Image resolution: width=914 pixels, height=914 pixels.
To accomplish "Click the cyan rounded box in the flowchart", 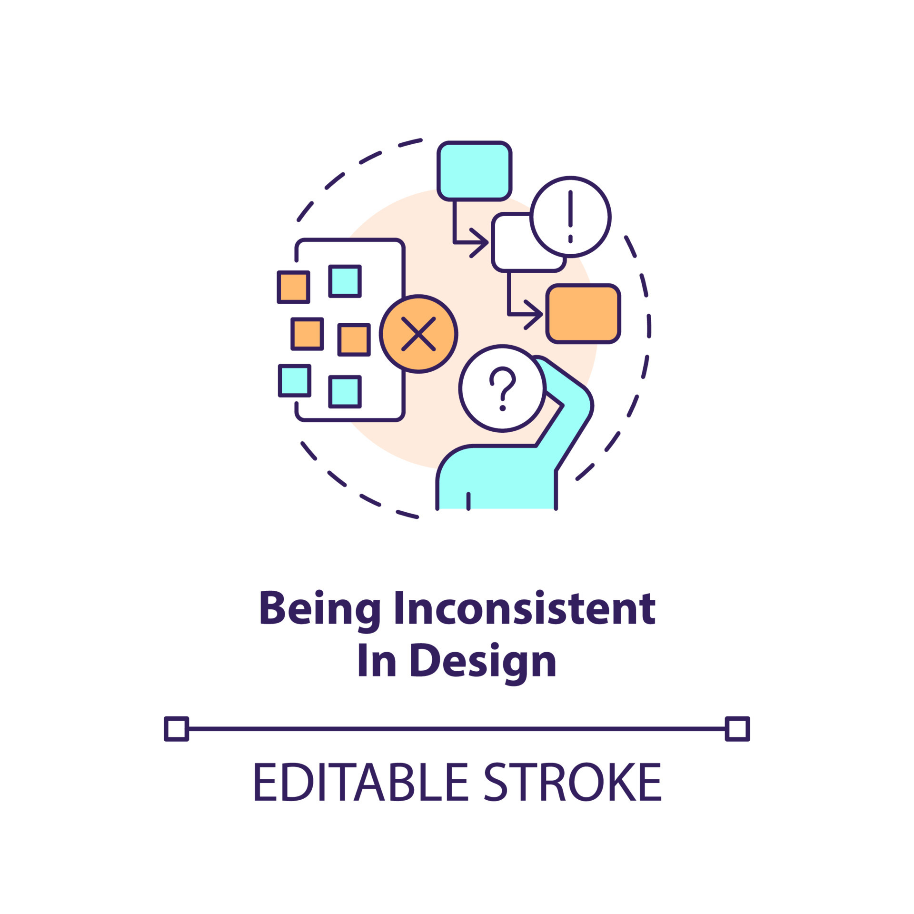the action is (x=474, y=171).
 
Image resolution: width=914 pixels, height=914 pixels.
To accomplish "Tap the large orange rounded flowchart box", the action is (x=583, y=314).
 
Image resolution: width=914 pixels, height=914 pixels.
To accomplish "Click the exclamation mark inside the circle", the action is (x=570, y=217).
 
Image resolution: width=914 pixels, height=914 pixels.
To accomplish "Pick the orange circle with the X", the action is (x=418, y=334).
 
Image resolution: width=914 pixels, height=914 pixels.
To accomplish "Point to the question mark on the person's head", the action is (x=503, y=388).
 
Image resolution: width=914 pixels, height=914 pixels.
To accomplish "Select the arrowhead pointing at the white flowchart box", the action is (x=479, y=243).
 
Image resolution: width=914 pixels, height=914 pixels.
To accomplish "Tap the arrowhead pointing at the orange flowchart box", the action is (x=534, y=314).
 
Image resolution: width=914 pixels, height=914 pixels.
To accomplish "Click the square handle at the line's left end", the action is (x=177, y=729).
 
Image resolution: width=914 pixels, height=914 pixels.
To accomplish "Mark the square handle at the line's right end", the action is (x=737, y=729).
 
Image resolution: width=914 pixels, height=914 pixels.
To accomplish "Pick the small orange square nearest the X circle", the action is (x=354, y=340).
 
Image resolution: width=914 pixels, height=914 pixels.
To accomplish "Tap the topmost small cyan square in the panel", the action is (x=345, y=281).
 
